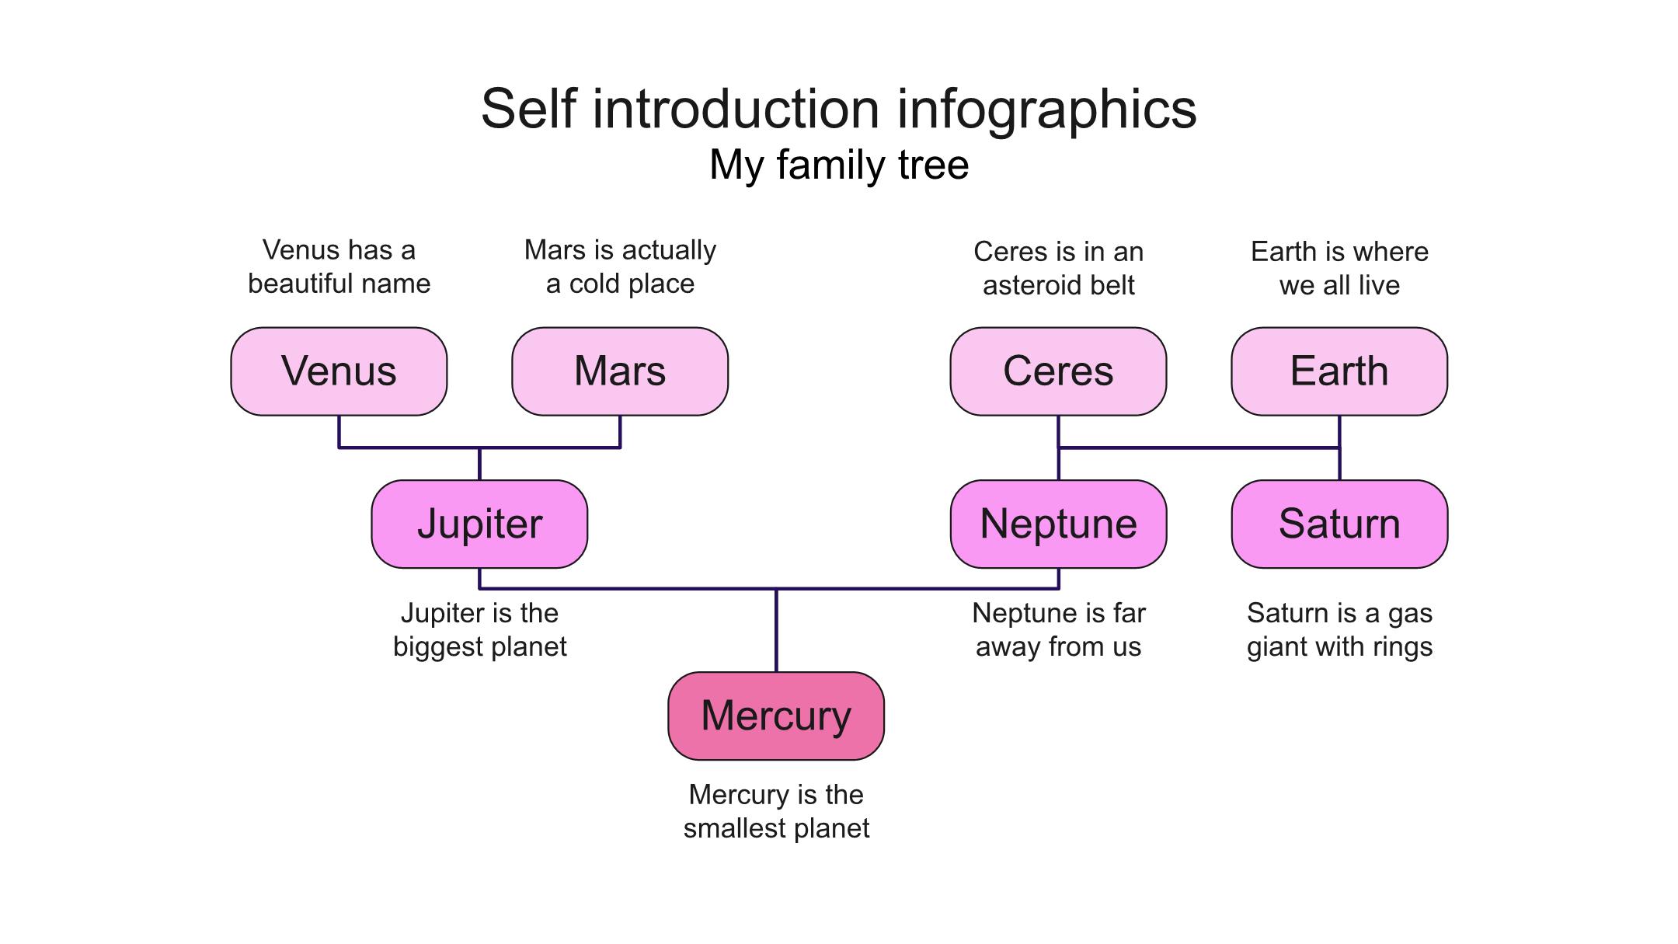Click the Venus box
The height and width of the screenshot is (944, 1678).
pos(339,371)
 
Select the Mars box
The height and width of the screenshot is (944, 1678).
pos(620,371)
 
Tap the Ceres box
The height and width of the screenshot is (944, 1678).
pos(1058,371)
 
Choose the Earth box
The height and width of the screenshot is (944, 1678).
pos(1339,371)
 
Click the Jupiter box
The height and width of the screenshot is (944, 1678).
pos(479,524)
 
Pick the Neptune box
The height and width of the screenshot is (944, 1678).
pos(1058,524)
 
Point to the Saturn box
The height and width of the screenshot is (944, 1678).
pos(1339,524)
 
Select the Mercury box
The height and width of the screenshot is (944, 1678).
pos(776,716)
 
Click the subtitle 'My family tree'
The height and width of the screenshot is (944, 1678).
pos(839,165)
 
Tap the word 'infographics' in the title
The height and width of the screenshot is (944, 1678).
pos(1047,110)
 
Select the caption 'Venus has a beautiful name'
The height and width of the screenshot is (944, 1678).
pos(339,266)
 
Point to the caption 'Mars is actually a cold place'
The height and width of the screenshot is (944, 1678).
pos(620,266)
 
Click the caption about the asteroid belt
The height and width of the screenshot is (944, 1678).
pos(1058,268)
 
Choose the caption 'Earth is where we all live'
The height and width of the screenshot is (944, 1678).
pos(1339,268)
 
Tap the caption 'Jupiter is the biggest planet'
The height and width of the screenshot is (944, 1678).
pos(479,629)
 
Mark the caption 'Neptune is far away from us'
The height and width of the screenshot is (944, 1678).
pos(1058,629)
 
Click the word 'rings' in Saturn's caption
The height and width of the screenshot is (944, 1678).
pos(1401,647)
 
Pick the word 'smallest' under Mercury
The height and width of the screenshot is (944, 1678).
pos(734,828)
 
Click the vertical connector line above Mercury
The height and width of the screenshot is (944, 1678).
pos(776,630)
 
